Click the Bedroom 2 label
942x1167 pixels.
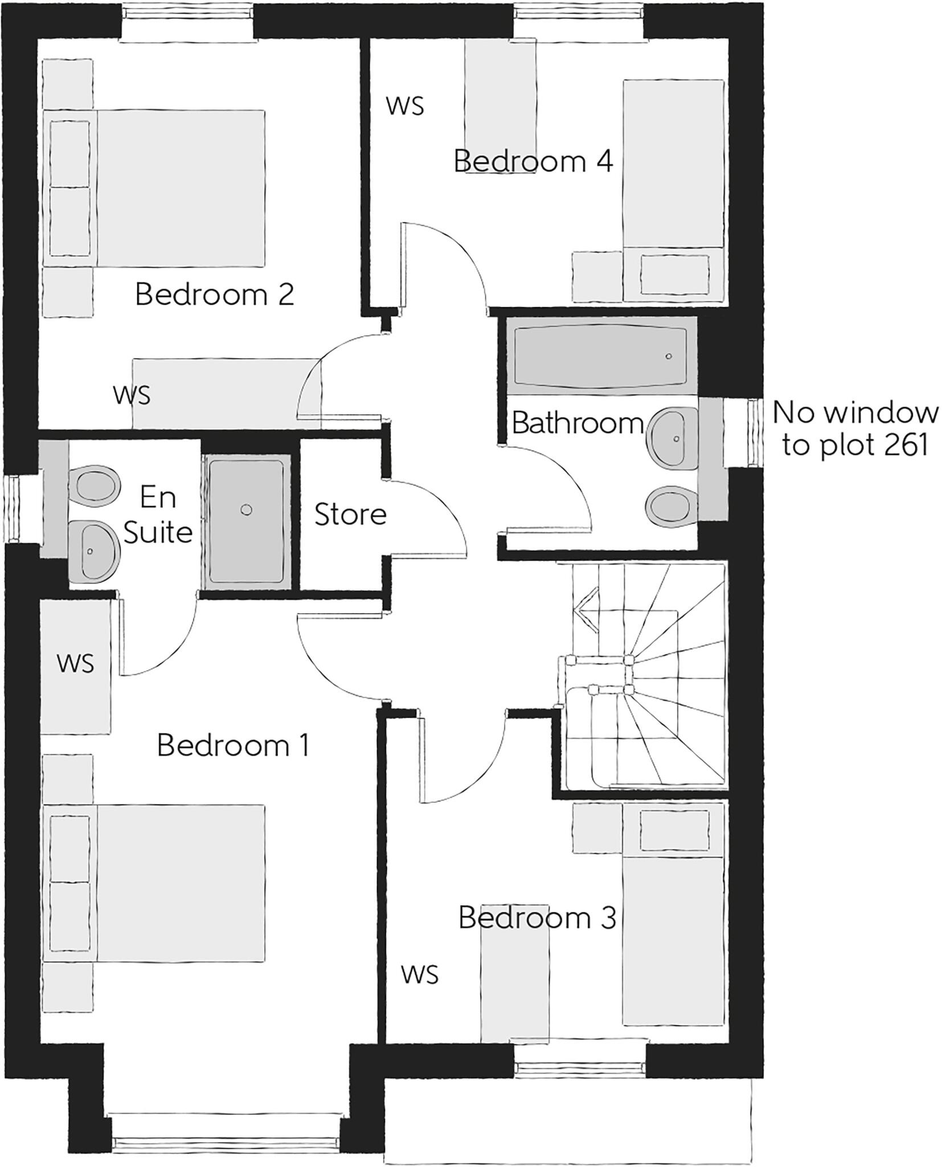pos(214,295)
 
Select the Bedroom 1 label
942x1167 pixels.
pos(233,745)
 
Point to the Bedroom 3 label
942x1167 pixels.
pos(537,917)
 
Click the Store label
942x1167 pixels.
pos(350,515)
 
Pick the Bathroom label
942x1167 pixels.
pos(578,423)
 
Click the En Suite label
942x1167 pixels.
pos(158,515)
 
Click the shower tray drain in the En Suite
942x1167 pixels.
pos(246,510)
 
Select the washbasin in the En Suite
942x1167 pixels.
pos(93,551)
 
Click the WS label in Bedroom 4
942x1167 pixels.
pos(405,106)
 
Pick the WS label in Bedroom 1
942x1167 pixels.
pos(75,663)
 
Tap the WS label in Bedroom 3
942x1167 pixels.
pos(420,974)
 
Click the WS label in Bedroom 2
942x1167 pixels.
pos(132,395)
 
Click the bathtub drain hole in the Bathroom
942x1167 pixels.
pos(669,356)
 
